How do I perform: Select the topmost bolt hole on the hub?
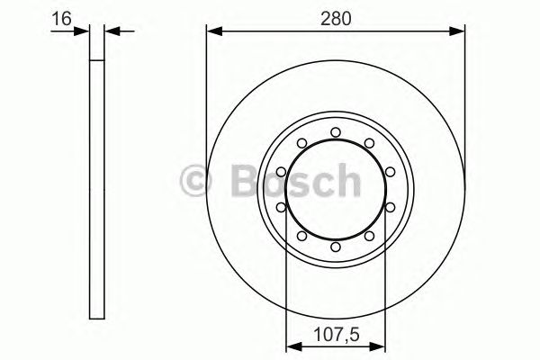[x=335, y=132]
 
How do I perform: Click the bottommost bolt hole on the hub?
[x=335, y=247]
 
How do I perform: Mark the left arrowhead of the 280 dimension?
[x=213, y=31]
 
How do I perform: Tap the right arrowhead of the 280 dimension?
[x=460, y=31]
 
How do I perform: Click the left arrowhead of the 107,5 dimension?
[x=292, y=343]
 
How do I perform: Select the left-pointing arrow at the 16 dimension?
[x=113, y=31]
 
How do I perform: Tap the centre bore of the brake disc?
[x=335, y=190]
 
